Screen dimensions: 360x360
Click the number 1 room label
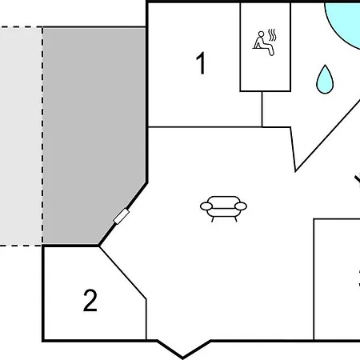(x=201, y=63)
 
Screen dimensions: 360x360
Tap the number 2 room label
(x=90, y=300)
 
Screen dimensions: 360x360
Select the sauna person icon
(x=264, y=43)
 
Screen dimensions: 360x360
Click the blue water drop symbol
(x=325, y=79)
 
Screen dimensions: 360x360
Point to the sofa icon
(x=223, y=209)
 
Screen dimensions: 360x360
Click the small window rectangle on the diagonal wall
(x=122, y=216)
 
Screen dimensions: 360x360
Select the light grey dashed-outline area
(x=21, y=136)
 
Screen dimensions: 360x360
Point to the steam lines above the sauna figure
(x=272, y=34)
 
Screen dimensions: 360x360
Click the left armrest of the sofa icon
(x=206, y=206)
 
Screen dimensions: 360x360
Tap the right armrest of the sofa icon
(x=241, y=206)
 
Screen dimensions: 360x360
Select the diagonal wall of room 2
(x=122, y=273)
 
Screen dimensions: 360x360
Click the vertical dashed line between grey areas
(x=42, y=136)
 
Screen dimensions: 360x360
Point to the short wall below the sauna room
(x=262, y=109)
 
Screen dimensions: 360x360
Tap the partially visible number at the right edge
(x=359, y=278)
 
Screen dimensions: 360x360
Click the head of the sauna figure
(x=261, y=34)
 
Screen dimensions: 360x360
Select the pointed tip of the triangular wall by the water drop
(x=295, y=171)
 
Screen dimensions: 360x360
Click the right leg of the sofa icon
(x=236, y=219)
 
